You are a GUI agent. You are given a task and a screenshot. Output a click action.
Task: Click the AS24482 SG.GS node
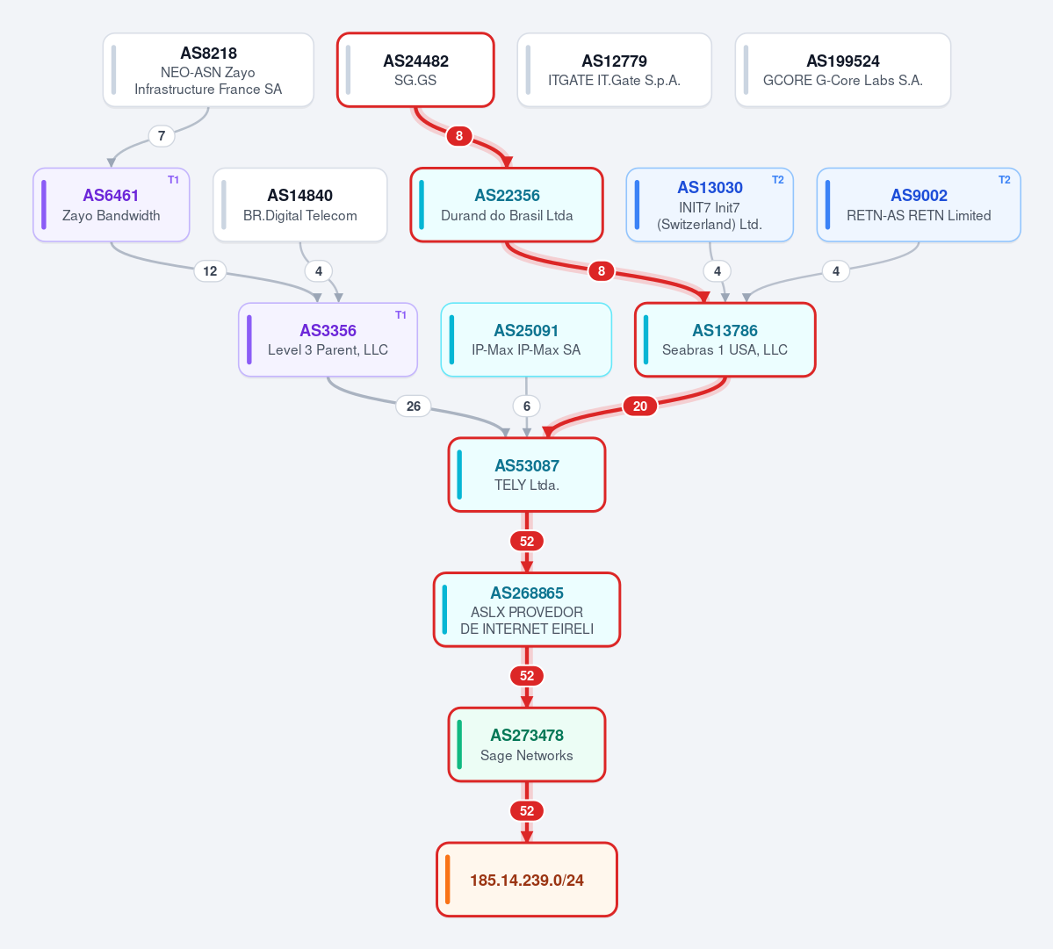tap(415, 70)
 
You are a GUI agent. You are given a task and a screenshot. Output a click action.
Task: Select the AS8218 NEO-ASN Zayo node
tap(208, 70)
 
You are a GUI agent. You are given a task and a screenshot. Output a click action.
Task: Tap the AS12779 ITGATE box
tap(615, 70)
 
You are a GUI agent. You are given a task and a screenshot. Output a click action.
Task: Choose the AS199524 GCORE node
tap(843, 70)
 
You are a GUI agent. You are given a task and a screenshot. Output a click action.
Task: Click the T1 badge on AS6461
tap(173, 180)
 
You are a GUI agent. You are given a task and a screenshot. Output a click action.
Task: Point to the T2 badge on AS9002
tap(1004, 180)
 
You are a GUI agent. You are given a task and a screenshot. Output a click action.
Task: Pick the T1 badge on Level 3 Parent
tap(401, 315)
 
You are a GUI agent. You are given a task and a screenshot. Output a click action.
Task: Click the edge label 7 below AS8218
tap(162, 136)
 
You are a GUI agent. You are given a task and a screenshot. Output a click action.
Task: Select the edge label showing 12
tap(210, 271)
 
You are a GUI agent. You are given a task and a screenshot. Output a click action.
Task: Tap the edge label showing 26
tap(414, 406)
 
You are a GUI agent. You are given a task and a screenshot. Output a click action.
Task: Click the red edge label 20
tap(640, 406)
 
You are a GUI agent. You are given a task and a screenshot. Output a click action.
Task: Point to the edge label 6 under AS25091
tap(527, 406)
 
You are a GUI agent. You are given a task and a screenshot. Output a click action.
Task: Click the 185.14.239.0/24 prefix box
tap(527, 879)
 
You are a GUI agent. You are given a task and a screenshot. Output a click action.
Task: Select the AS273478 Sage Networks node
tap(527, 744)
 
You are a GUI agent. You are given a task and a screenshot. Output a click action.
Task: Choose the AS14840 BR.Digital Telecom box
tap(300, 205)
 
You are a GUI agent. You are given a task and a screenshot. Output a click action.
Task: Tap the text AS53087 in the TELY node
tap(527, 466)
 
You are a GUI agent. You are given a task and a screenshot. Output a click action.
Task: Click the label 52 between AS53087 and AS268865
tap(527, 541)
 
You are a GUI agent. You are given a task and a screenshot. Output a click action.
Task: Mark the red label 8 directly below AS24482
tap(459, 136)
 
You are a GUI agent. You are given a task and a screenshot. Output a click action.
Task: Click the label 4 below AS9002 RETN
tap(835, 271)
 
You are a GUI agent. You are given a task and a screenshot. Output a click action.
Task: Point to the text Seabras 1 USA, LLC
tap(725, 349)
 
